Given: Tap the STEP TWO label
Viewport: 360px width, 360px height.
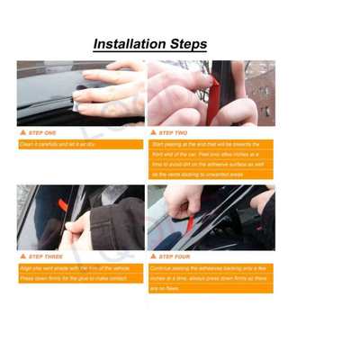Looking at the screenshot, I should [173, 132].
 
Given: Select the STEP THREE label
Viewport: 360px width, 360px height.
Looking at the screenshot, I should [45, 256].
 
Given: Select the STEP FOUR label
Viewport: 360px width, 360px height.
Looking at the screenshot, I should [174, 256].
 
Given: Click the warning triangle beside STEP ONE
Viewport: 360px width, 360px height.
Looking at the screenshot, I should [22, 132].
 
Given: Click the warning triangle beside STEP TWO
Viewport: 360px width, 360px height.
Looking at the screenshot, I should [153, 132].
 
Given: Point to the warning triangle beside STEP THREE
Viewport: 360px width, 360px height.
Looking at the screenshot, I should [22, 256].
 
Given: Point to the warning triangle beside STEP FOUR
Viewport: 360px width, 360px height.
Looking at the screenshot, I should [153, 256].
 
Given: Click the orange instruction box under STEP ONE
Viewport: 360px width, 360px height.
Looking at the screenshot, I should [79, 144].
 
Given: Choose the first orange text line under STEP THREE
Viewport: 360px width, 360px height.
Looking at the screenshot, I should [79, 268].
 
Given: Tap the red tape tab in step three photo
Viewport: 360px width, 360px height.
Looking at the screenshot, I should [62, 205].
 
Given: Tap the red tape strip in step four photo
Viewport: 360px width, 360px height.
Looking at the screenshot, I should [194, 216].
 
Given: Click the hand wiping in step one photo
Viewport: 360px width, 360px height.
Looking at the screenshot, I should [108, 90].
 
